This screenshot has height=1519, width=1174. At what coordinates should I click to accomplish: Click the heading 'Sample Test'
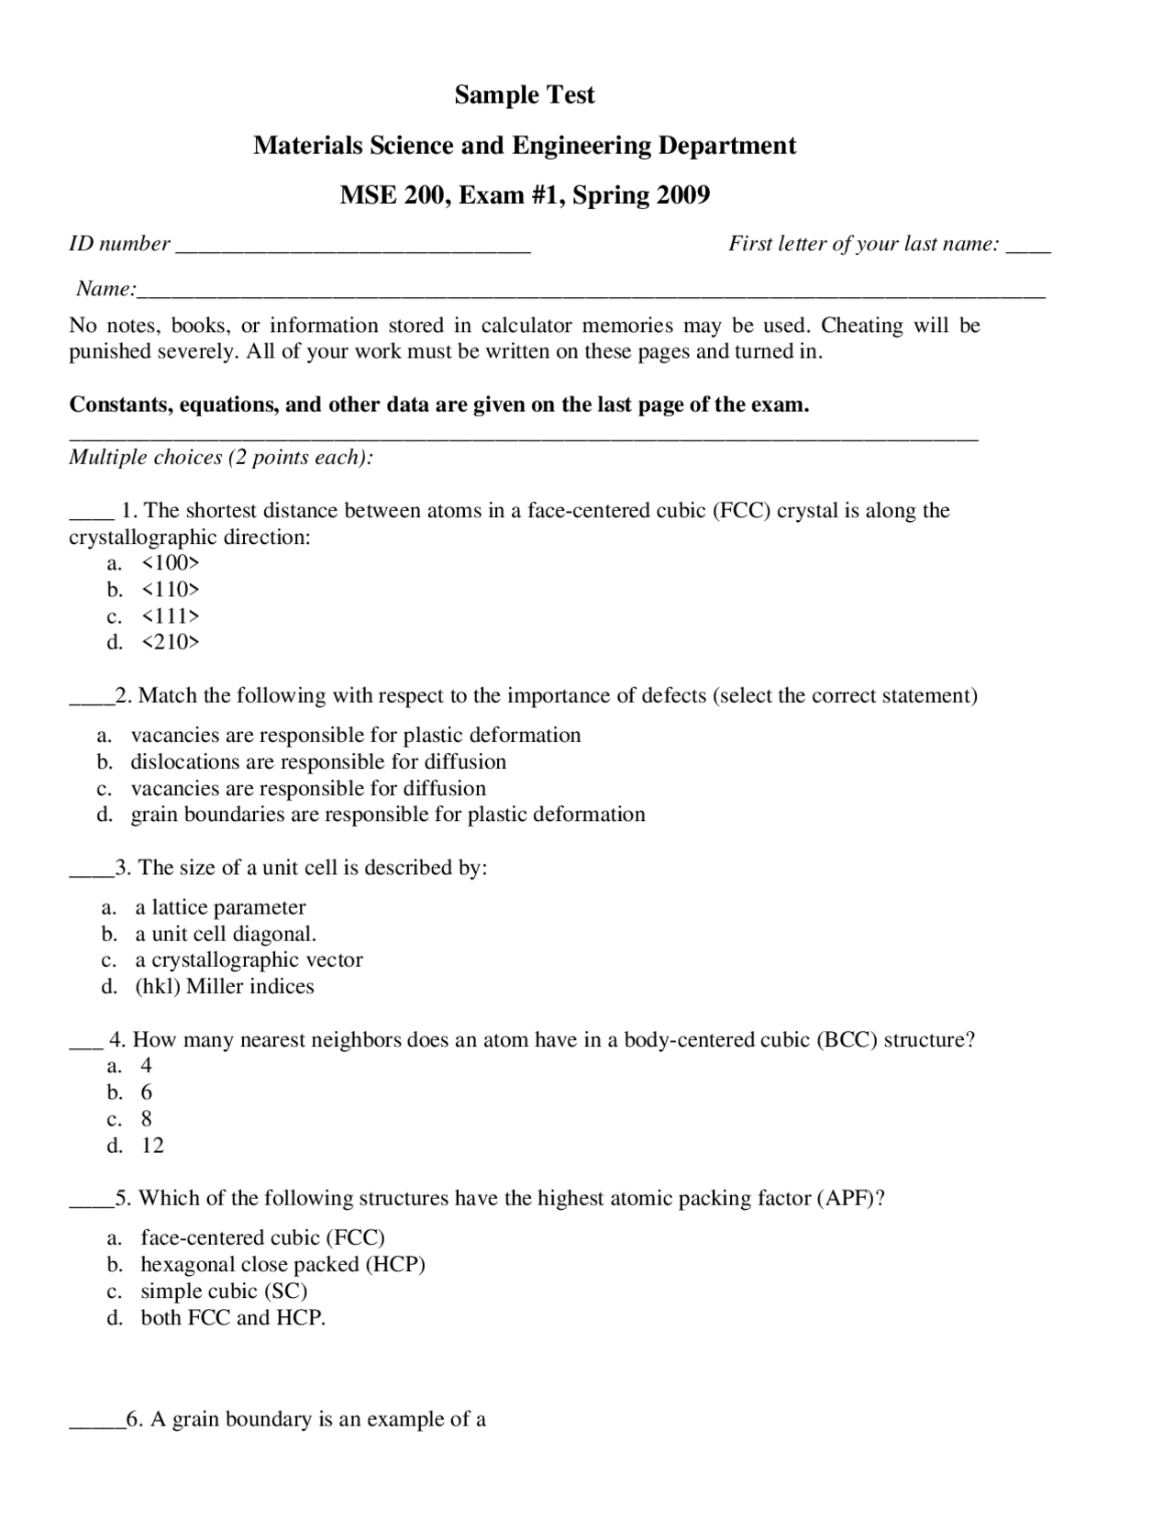coord(525,95)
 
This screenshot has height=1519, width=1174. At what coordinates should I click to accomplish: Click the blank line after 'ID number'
coord(352,246)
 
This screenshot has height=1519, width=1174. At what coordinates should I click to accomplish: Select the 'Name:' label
coord(105,289)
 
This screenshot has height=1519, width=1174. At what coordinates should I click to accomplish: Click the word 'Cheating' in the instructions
coord(861,326)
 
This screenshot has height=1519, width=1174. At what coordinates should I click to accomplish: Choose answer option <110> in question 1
coord(170,589)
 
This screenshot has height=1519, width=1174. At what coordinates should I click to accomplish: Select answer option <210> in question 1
coord(170,642)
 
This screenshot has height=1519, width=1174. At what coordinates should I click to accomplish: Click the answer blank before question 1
coord(91,514)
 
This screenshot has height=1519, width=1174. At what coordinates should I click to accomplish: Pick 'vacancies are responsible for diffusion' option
coord(308,788)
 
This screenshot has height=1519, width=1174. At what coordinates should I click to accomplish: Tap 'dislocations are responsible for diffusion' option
coord(317,761)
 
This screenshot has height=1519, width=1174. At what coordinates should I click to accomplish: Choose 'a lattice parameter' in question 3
coord(220,907)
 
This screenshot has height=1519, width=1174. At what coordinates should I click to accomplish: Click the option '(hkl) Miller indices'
coord(225,986)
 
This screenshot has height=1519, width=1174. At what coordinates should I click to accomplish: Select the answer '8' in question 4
coord(147,1119)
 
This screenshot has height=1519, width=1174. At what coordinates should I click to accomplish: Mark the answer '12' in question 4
coord(152,1146)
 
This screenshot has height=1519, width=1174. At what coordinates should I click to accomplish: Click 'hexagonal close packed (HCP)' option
coord(282,1264)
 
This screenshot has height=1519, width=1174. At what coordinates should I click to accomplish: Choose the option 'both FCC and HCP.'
coord(233,1317)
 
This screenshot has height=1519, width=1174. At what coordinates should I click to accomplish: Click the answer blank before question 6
coord(95,1422)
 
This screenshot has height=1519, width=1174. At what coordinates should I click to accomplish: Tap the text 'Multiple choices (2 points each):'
coord(221,457)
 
